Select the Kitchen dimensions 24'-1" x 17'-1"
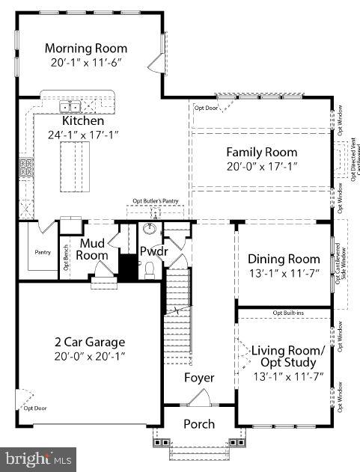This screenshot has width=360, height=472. coord(83,135)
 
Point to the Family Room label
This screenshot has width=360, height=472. coord(262,153)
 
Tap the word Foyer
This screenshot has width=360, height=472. coord(199,378)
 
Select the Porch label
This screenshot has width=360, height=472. coord(199,424)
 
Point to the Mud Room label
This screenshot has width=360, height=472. coord(94,249)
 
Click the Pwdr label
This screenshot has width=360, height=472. coord(153,251)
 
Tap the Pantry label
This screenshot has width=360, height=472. coord(43,252)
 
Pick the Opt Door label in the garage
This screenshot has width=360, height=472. coord(34,408)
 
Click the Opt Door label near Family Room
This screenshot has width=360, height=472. coord(206,108)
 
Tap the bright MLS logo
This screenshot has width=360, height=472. coord(37,456)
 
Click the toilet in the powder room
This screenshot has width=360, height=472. coord(149,269)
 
